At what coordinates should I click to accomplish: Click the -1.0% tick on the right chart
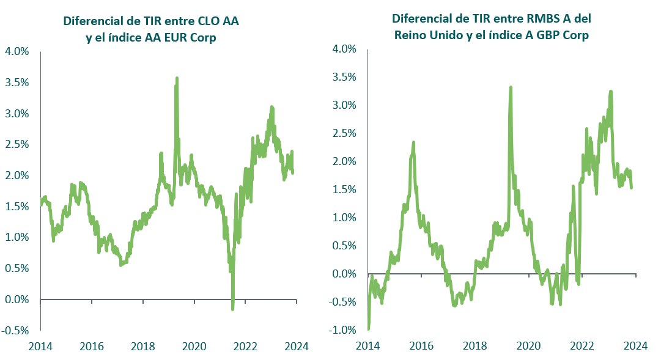[343, 331]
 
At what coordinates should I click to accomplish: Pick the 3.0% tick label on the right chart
[344, 105]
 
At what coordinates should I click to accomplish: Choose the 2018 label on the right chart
[475, 347]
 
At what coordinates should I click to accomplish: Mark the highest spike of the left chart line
[177, 78]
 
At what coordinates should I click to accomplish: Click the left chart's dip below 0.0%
[232, 309]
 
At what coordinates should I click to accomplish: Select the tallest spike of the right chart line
[510, 87]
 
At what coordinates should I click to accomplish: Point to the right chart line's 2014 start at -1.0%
[368, 328]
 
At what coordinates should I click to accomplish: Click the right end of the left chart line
[292, 172]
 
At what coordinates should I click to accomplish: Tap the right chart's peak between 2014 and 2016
[413, 142]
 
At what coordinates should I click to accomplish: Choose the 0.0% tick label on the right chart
[344, 274]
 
